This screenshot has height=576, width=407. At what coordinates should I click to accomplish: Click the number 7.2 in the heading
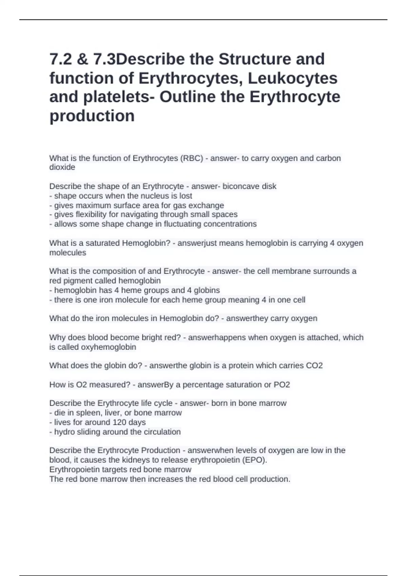point(60,59)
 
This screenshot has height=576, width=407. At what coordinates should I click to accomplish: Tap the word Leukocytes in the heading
point(292,78)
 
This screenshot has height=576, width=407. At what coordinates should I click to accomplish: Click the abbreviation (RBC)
point(191,158)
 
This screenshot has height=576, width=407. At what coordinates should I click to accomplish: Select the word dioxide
point(62,167)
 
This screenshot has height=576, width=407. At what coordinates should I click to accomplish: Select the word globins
point(208,290)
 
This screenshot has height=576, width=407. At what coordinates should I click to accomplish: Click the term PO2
point(282,385)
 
